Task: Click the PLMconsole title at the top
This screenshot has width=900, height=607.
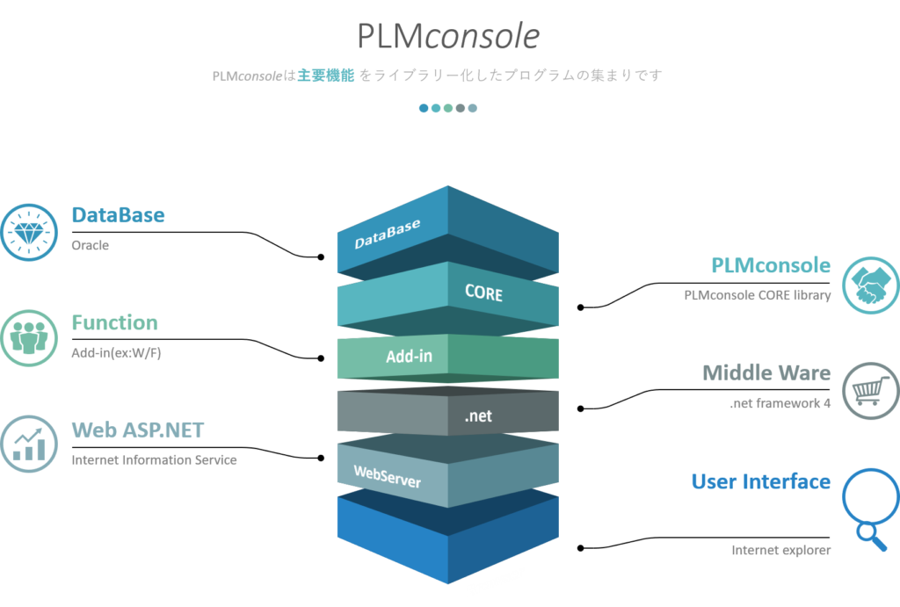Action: pyautogui.click(x=448, y=36)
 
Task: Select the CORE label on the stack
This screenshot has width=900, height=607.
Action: pyautogui.click(x=484, y=292)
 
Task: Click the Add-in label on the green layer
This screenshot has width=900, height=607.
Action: pyautogui.click(x=409, y=357)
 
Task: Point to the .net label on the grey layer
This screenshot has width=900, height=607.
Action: pyautogui.click(x=478, y=416)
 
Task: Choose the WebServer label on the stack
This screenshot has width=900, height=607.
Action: pyautogui.click(x=387, y=476)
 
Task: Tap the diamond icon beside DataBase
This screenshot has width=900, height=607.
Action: pyautogui.click(x=28, y=231)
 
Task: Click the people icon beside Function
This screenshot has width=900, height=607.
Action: pyautogui.click(x=28, y=336)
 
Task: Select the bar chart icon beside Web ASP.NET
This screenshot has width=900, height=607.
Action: pyautogui.click(x=28, y=444)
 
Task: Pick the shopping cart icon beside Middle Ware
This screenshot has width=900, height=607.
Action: pyautogui.click(x=870, y=390)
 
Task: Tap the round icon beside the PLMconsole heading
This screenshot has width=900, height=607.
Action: pyautogui.click(x=870, y=284)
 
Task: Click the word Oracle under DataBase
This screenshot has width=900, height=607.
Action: pyautogui.click(x=90, y=245)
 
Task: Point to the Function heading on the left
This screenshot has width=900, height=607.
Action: pyautogui.click(x=114, y=322)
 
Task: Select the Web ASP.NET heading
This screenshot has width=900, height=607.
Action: pyautogui.click(x=137, y=430)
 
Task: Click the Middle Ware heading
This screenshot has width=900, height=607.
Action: pyautogui.click(x=766, y=372)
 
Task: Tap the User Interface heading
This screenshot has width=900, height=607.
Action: pyautogui.click(x=760, y=481)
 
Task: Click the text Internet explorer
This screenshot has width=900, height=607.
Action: pyautogui.click(x=780, y=551)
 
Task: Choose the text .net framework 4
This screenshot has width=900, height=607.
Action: pyautogui.click(x=780, y=404)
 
